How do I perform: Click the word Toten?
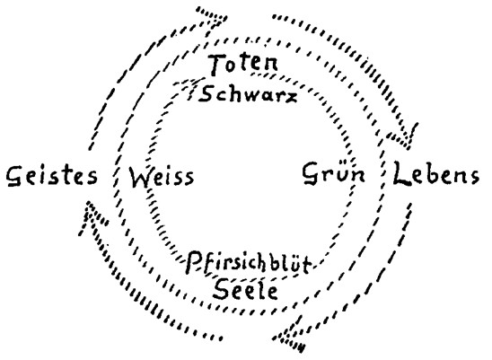pos(244,65)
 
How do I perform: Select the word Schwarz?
pos(248,93)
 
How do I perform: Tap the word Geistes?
pos(52,176)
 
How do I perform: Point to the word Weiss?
pos(162,177)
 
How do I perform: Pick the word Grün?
pos(334,173)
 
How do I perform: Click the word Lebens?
pos(436,173)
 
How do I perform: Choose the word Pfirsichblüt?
pos(249,262)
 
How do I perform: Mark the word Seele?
pos(246,290)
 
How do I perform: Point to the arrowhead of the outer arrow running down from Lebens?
pos(289,338)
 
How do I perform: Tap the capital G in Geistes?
pos(15,177)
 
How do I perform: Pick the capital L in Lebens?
pos(402,173)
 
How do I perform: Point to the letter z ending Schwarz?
pos(290,97)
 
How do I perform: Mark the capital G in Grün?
pos(312,173)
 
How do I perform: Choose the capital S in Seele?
pos(222,290)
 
